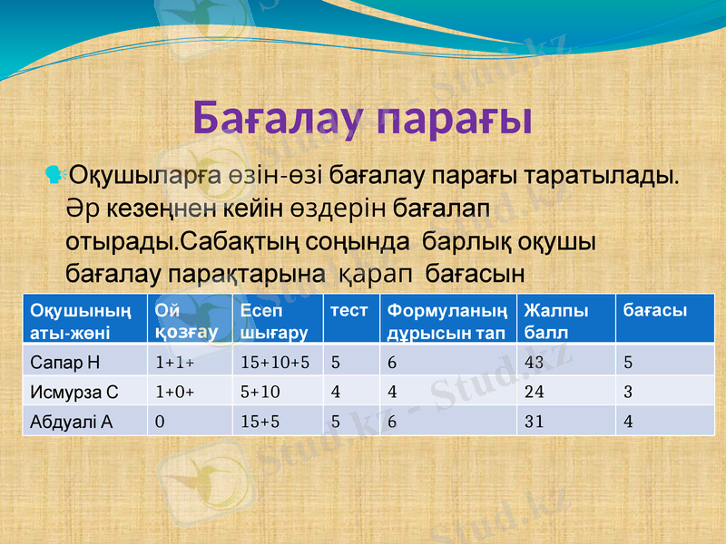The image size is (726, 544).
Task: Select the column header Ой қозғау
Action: tap(186, 321)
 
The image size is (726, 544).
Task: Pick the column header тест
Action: tap(349, 311)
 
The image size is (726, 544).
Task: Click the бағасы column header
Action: tap(654, 311)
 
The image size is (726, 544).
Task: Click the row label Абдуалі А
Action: tap(72, 422)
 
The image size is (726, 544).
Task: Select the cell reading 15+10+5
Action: tap(276, 363)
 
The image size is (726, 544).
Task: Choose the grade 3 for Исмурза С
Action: tap(628, 393)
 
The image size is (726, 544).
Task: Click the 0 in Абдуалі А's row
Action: tap(160, 422)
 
